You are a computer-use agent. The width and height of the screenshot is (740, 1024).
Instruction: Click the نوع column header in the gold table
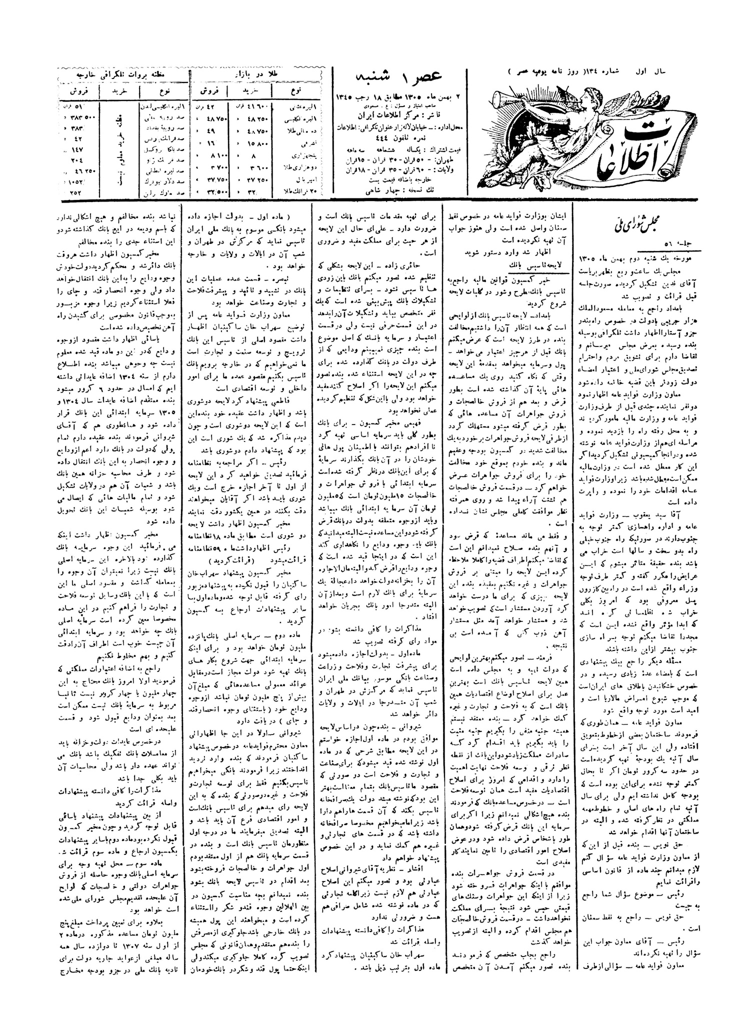(295, 91)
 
